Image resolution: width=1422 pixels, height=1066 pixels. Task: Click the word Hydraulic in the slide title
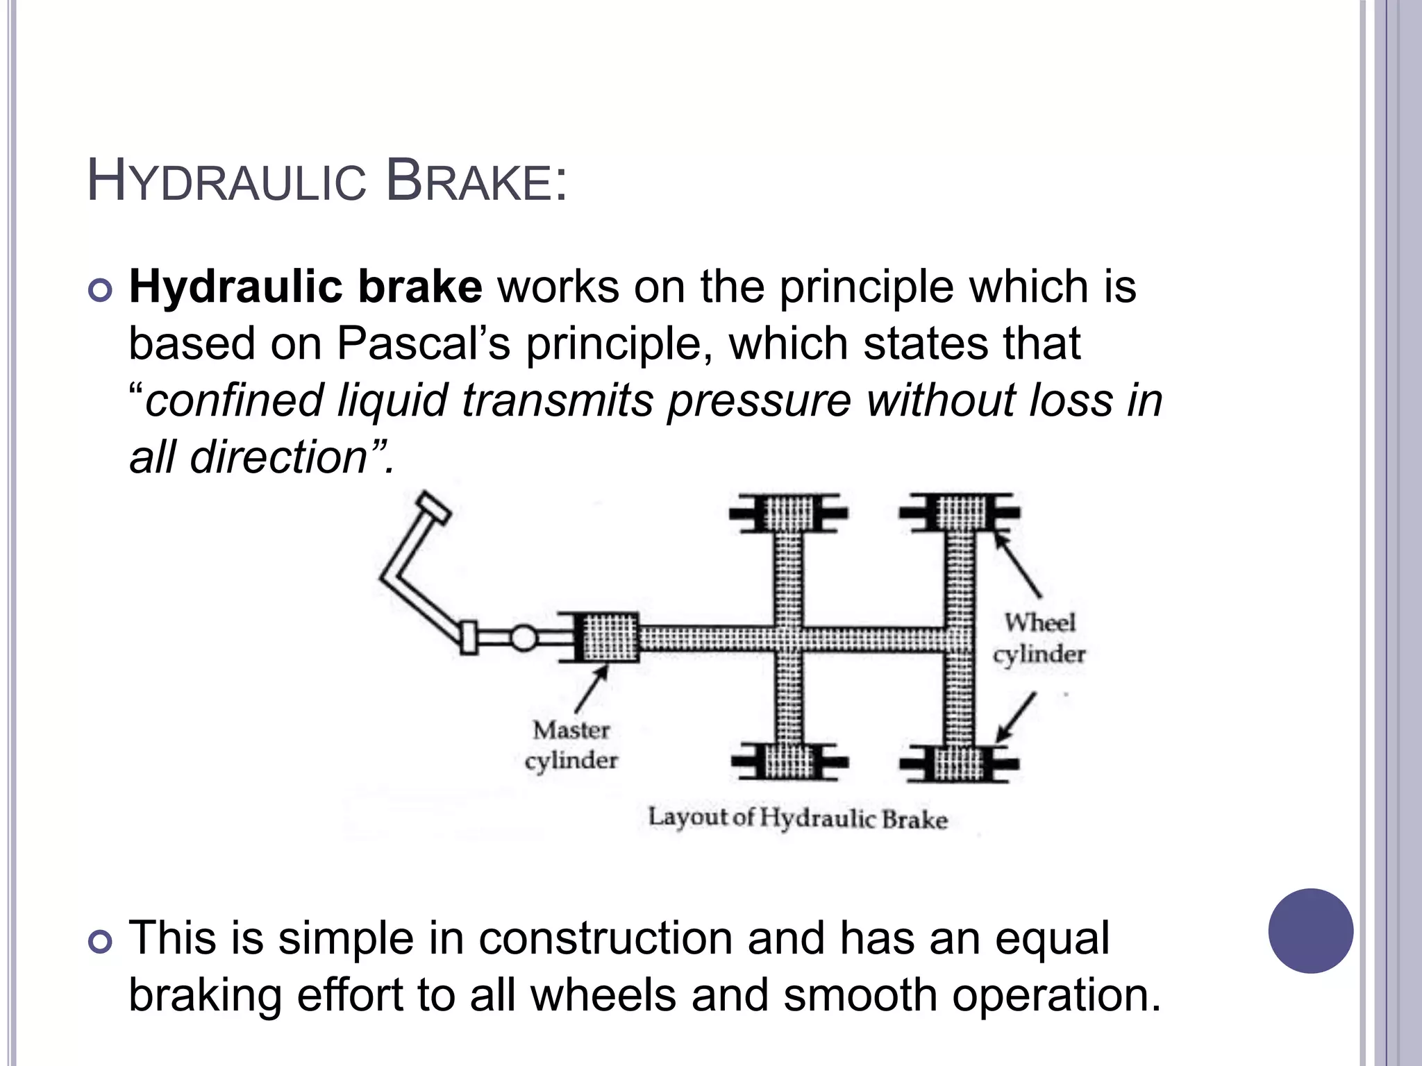pos(226,182)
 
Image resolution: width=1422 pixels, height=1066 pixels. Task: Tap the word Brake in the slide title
pos(476,182)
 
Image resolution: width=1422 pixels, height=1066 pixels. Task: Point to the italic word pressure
pos(759,400)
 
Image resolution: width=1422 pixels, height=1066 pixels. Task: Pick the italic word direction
pos(278,457)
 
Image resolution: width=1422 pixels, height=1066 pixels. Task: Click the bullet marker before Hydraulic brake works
pos(101,290)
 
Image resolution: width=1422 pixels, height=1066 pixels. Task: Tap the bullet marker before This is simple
pos(101,942)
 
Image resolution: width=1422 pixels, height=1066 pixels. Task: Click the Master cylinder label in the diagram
pos(571,745)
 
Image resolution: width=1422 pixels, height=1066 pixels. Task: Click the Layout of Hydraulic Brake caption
pos(798,818)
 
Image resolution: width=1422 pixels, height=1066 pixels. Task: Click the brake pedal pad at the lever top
pos(433,508)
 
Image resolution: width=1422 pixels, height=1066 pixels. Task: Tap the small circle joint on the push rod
pos(524,638)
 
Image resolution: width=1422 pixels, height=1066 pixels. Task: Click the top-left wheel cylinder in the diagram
pos(789,513)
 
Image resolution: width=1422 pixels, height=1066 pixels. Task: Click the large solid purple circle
pos(1310,931)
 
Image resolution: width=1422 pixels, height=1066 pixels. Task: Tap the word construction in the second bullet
pos(605,938)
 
